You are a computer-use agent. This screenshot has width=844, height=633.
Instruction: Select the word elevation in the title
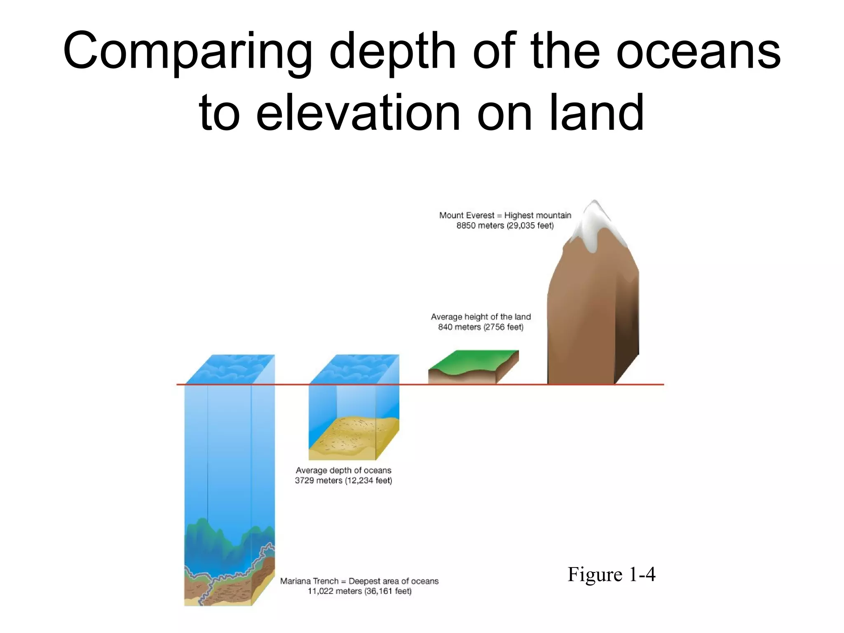pyautogui.click(x=358, y=113)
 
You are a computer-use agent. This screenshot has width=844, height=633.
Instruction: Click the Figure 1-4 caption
pyautogui.click(x=611, y=574)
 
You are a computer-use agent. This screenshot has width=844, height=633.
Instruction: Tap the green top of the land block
pyautogui.click(x=474, y=361)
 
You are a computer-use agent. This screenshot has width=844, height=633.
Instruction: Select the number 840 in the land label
pyautogui.click(x=445, y=327)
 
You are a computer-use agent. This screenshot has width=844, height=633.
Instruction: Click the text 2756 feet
pyautogui.click(x=504, y=327)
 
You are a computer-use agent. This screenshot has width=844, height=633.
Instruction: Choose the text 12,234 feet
pyautogui.click(x=368, y=481)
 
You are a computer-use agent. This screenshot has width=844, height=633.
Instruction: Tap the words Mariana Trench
pyautogui.click(x=309, y=581)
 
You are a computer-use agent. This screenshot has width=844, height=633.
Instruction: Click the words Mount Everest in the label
pyautogui.click(x=467, y=216)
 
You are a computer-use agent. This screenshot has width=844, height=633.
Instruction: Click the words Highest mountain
pyautogui.click(x=537, y=216)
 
